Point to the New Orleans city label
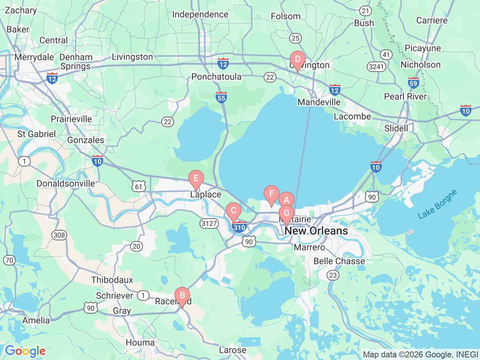316,231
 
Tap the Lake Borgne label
437,204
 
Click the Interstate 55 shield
221,97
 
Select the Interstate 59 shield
413,83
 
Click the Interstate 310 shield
239,227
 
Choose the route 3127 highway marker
209,223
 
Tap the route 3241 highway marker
376,67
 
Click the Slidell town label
396,128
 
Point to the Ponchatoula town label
216,76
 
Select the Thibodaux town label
112,280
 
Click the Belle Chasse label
339,261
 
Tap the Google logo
25,351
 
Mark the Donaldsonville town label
66,183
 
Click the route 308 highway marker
59,235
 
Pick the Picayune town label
423,48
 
